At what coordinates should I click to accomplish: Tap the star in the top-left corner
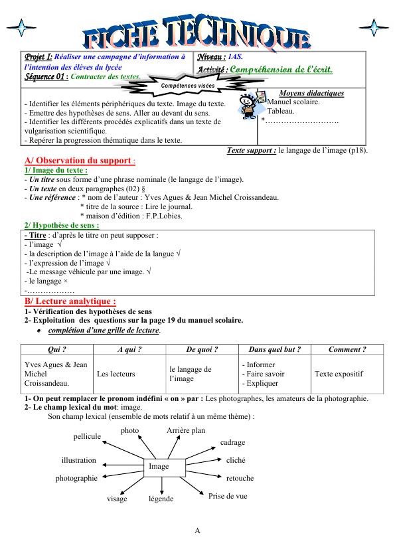(22, 28)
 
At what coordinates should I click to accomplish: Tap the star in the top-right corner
(376, 28)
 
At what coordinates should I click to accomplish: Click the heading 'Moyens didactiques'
(311, 93)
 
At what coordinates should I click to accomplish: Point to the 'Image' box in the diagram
(159, 467)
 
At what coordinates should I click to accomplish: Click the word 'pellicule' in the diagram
(87, 436)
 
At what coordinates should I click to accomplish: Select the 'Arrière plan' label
(186, 431)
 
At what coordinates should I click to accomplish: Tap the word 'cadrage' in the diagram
(232, 442)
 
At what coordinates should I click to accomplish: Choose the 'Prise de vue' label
(228, 496)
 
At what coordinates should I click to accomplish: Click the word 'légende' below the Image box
(161, 499)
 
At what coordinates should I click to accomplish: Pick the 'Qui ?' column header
(57, 349)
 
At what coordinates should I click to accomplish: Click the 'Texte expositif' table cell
(339, 374)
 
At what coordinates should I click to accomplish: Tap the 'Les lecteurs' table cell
(116, 374)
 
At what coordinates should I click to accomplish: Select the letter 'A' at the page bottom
(197, 530)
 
